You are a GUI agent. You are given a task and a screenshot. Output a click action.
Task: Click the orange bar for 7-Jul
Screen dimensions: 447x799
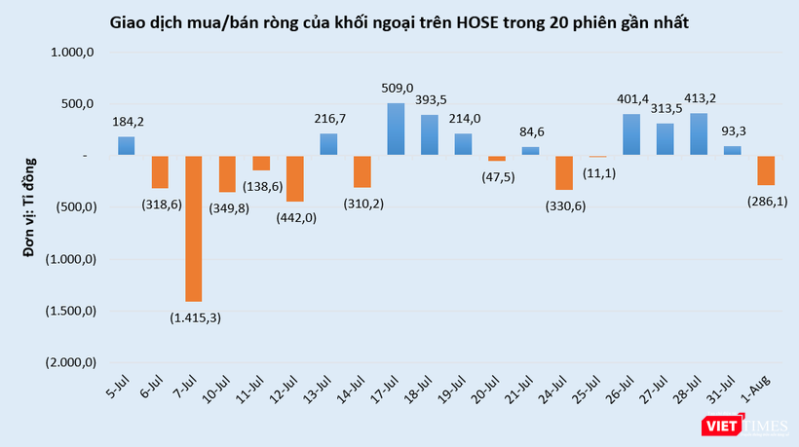[x=194, y=228]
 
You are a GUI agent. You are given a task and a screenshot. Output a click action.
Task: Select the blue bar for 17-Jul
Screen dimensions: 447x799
[x=396, y=129]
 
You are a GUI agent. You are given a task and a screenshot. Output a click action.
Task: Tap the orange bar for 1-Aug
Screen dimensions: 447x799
[x=767, y=170]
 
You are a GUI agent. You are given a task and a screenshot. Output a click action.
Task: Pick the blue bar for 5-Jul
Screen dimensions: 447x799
[x=127, y=145]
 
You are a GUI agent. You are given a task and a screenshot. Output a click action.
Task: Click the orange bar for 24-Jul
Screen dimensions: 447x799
[x=564, y=172]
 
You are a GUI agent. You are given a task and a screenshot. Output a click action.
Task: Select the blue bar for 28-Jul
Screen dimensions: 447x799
[x=699, y=133]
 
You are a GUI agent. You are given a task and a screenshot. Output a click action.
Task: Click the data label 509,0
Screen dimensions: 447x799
[x=398, y=89]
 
